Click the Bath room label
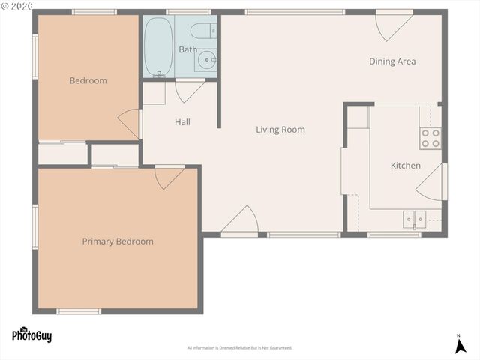187,49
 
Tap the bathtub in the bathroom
157,46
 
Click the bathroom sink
205,61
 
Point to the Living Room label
280,130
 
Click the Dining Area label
391,61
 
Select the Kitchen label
405,166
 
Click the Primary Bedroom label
118,241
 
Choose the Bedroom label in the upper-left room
88,80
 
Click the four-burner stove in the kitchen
430,138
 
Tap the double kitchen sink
414,220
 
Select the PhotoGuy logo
31,335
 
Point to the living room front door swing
242,221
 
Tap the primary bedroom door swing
168,177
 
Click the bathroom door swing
189,90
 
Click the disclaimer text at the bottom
239,348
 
